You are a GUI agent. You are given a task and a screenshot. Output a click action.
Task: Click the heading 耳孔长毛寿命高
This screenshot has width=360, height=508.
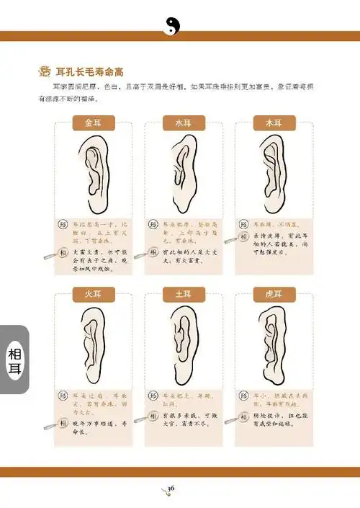94,71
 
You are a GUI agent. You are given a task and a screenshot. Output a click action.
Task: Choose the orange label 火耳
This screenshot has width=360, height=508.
94,293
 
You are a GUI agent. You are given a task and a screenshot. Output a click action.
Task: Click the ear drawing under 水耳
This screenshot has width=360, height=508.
180,173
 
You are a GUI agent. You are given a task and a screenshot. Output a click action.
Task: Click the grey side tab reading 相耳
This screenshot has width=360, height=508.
14,360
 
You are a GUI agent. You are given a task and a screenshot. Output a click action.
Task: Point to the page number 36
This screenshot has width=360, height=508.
171,489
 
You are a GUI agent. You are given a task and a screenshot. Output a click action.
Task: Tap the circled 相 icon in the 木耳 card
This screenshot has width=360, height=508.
244,236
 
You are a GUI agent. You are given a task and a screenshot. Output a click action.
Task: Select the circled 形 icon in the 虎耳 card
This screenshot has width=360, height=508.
244,396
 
